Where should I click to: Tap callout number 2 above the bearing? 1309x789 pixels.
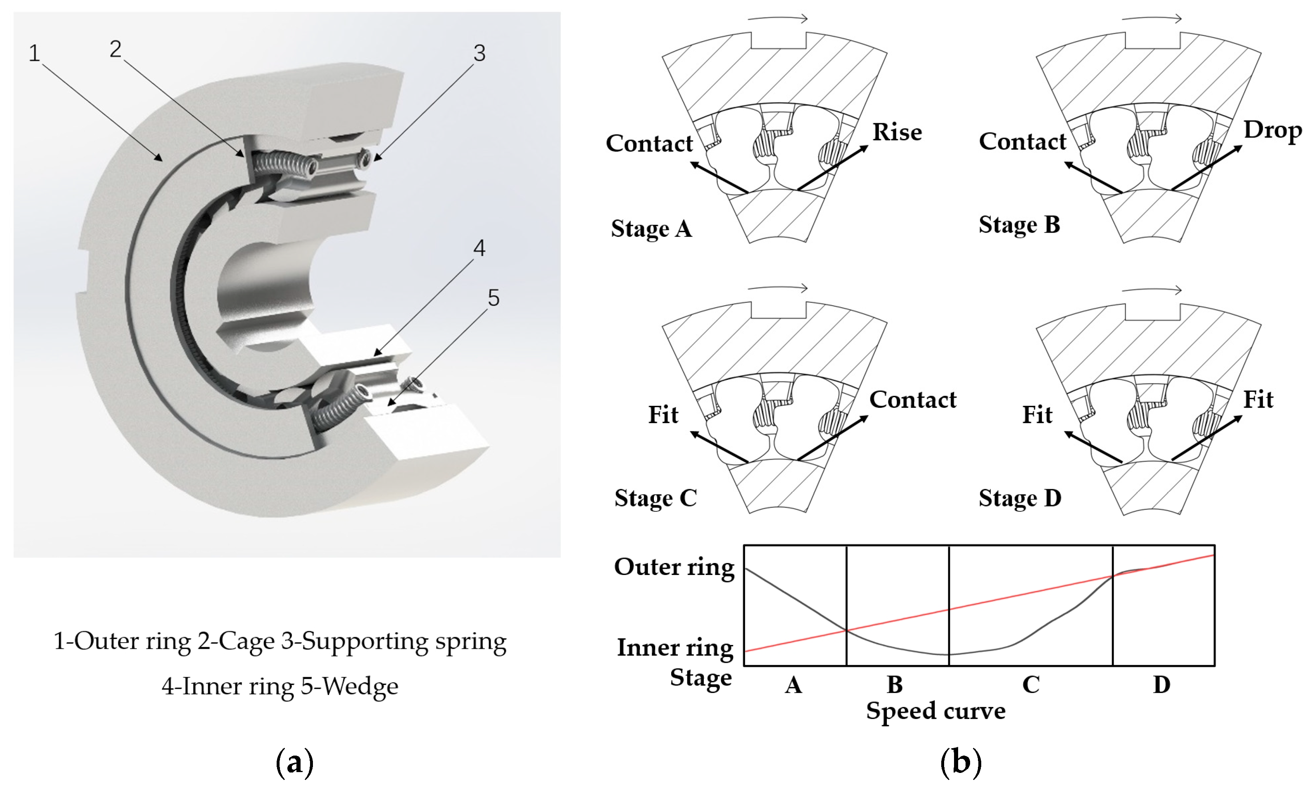point(115,49)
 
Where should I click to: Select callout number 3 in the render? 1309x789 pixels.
point(479,53)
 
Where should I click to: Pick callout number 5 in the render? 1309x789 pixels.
point(494,298)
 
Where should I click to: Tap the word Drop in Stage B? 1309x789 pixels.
point(1272,130)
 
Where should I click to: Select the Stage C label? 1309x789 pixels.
point(656,498)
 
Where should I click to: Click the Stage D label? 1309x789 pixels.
point(1020,498)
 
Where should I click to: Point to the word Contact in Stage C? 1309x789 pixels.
point(913,400)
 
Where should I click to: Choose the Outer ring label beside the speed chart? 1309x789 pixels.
point(674,568)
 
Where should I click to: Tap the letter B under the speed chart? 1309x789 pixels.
point(895,685)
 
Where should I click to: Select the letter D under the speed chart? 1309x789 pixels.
point(1161,685)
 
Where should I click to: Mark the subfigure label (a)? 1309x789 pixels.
point(295,763)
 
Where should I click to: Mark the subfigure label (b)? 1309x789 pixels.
point(961,763)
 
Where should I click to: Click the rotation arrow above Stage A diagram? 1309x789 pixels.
point(777,19)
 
